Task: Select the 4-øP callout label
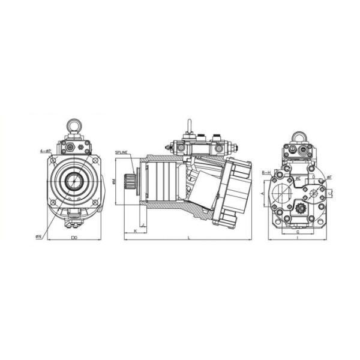(x=44, y=151)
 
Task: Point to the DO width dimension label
(x=74, y=238)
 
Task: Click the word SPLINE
(x=122, y=153)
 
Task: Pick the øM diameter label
(x=114, y=182)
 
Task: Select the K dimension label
(x=136, y=231)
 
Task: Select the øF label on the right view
(x=329, y=178)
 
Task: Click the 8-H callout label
(x=266, y=172)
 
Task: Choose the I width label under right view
(x=298, y=238)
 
